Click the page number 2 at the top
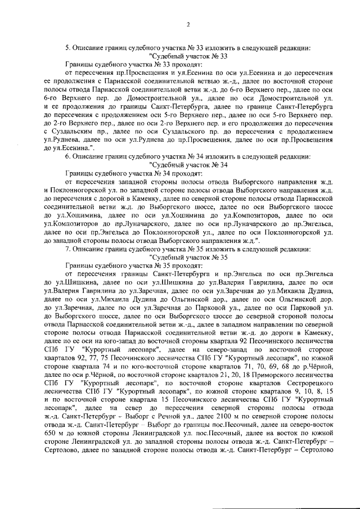[x=188, y=24]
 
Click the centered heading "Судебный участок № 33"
[x=188, y=57]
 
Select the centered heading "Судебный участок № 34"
[x=188, y=165]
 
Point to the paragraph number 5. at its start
[x=68, y=48]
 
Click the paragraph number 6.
[x=68, y=156]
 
